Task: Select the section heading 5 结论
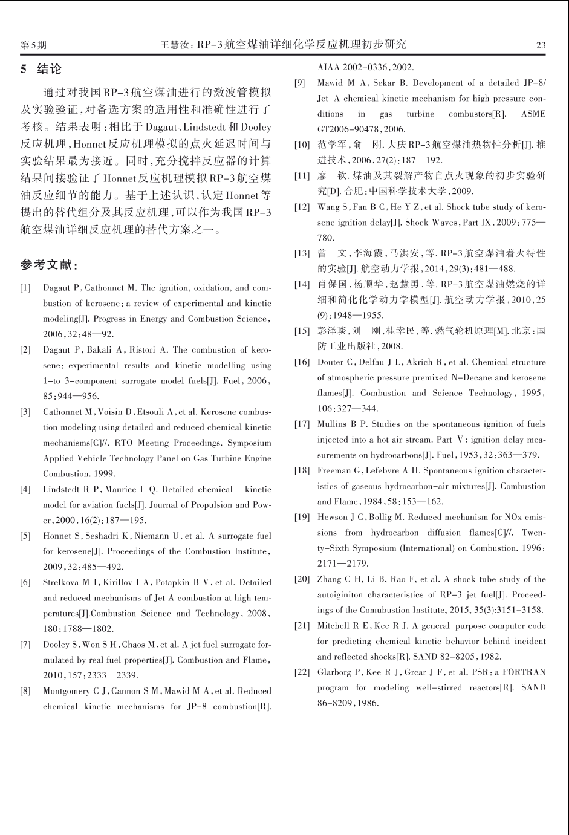tap(42, 69)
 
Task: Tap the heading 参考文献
tap(49, 265)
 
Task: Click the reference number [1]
tap(25, 288)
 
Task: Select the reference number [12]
tap(302, 207)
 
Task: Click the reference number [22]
tap(302, 672)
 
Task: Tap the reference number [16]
tap(302, 362)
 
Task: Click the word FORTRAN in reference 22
tap(524, 672)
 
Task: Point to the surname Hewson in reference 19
tap(333, 517)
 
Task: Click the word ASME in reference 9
tap(533, 114)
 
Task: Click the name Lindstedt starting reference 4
tap(63, 489)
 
